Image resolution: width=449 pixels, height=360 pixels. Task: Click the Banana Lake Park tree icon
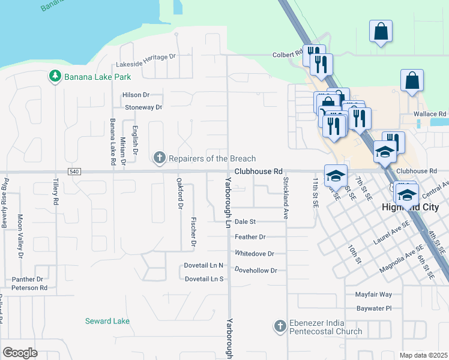pos(55,77)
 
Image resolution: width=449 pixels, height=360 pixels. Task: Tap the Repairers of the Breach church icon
pos(159,158)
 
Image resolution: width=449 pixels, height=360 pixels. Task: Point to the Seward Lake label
pos(107,321)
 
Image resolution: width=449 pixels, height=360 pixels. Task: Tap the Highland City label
pos(415,207)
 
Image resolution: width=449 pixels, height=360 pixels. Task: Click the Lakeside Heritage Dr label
pos(147,56)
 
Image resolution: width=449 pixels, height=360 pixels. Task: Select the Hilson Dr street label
pos(135,95)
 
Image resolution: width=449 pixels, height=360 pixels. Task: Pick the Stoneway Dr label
pos(143,107)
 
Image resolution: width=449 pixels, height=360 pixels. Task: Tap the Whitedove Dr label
pos(255,254)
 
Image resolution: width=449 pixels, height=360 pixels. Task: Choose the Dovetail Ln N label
pos(204,265)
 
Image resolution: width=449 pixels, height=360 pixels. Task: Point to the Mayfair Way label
pos(373,295)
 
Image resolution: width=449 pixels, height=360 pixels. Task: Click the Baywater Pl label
pos(373,308)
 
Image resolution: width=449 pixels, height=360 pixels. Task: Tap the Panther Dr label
pos(28,279)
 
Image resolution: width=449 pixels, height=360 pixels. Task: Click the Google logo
pos(20,352)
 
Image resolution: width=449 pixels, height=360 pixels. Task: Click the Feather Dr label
pos(250,238)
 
